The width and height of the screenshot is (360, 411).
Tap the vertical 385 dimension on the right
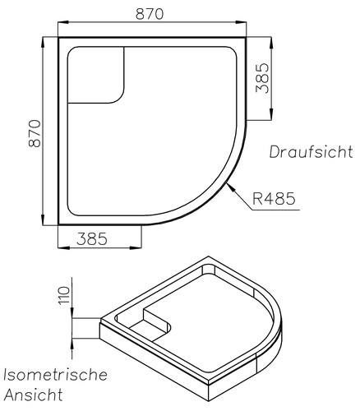tap(264, 79)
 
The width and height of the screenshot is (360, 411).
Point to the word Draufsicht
tap(310, 152)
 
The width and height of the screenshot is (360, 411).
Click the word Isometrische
tap(54, 375)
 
